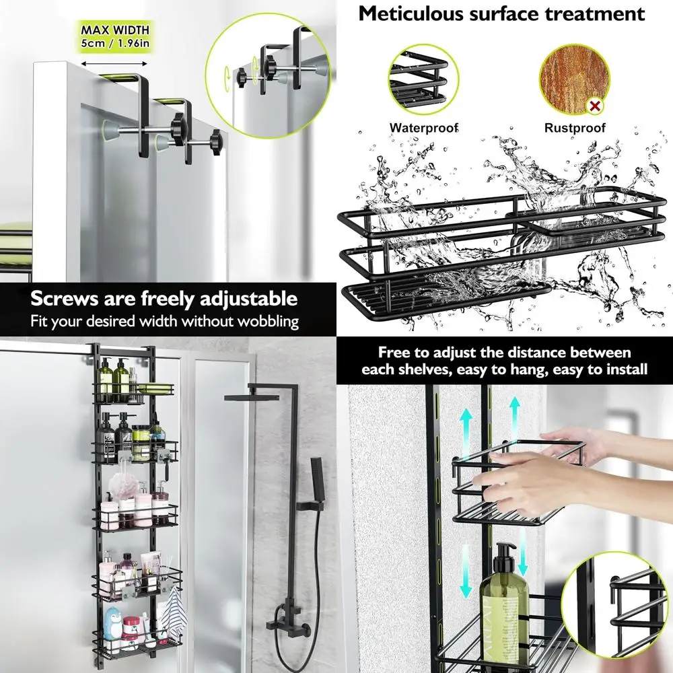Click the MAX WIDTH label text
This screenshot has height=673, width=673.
115,30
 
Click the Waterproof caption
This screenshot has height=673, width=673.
424,127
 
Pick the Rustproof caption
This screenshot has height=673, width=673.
575,127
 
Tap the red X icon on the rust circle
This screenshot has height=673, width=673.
595,105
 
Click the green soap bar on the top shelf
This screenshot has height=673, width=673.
155,389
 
